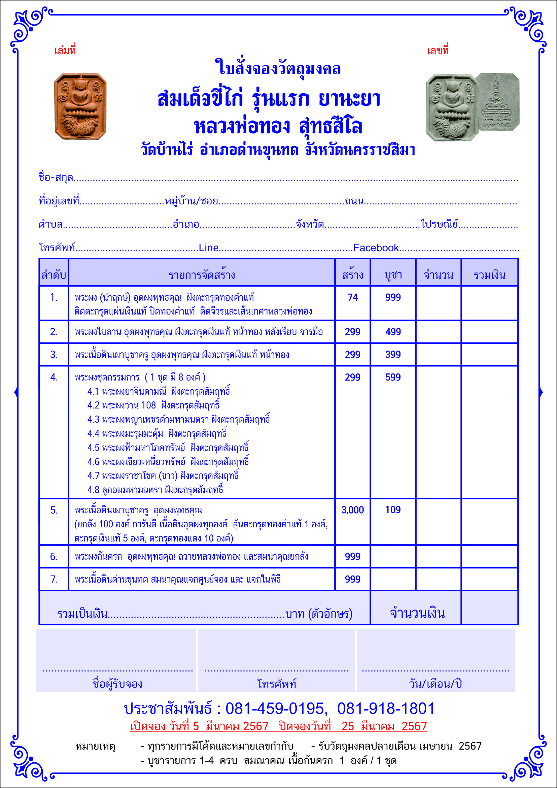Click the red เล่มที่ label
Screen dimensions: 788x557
[x=65, y=51]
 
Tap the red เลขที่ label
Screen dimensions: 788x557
[x=438, y=51]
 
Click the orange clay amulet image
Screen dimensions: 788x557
[x=80, y=106]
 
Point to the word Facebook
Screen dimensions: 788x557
[x=376, y=248]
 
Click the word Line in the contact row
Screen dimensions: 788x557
[x=209, y=248]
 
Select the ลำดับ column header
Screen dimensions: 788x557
[x=54, y=275]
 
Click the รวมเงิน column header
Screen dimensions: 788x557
[x=489, y=275]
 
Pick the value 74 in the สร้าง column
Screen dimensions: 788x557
[x=353, y=297]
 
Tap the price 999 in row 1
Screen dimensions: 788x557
[x=393, y=297]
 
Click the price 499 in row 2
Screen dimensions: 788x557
[x=393, y=332]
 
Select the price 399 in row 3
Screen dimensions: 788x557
[x=393, y=354]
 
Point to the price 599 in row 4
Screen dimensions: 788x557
[x=393, y=377]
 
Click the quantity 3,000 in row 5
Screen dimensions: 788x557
[x=353, y=510]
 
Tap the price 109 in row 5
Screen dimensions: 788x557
[x=393, y=510]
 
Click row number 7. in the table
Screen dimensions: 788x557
[x=54, y=579]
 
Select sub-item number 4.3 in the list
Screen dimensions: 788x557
[x=93, y=419]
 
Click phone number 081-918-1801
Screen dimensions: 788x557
[x=386, y=709]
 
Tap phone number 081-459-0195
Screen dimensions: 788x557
[x=274, y=709]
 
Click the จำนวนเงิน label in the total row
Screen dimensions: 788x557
[x=417, y=613]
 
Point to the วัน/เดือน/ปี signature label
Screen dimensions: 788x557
[x=435, y=684]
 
